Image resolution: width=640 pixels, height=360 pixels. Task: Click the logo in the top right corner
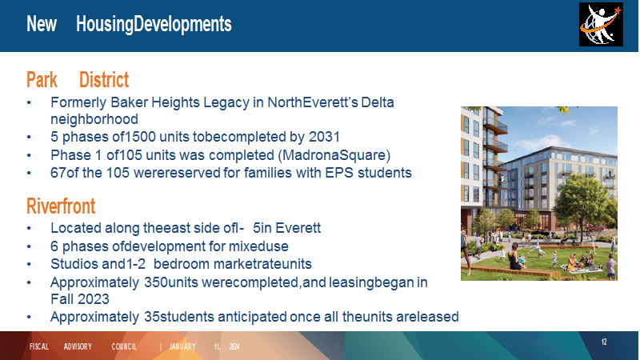point(601,25)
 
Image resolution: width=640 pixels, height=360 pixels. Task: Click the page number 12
point(604,342)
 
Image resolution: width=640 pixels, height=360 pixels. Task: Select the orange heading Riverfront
point(61,206)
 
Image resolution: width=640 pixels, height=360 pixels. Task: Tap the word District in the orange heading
point(104,79)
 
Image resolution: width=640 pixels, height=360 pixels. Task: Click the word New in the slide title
point(42,24)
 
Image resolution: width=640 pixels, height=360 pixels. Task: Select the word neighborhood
point(94,119)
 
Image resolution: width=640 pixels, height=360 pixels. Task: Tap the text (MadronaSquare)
point(336,155)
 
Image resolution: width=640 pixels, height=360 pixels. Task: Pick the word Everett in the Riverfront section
point(298,228)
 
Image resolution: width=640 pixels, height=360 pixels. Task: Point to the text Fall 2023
point(80,299)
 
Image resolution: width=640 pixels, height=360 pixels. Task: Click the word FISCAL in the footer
point(39,346)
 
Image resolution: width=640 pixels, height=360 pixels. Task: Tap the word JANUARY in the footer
point(182,346)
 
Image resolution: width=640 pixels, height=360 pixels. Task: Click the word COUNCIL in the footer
point(124,346)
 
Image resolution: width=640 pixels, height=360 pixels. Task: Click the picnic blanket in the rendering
point(581,268)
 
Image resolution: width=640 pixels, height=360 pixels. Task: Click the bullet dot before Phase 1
point(29,155)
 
